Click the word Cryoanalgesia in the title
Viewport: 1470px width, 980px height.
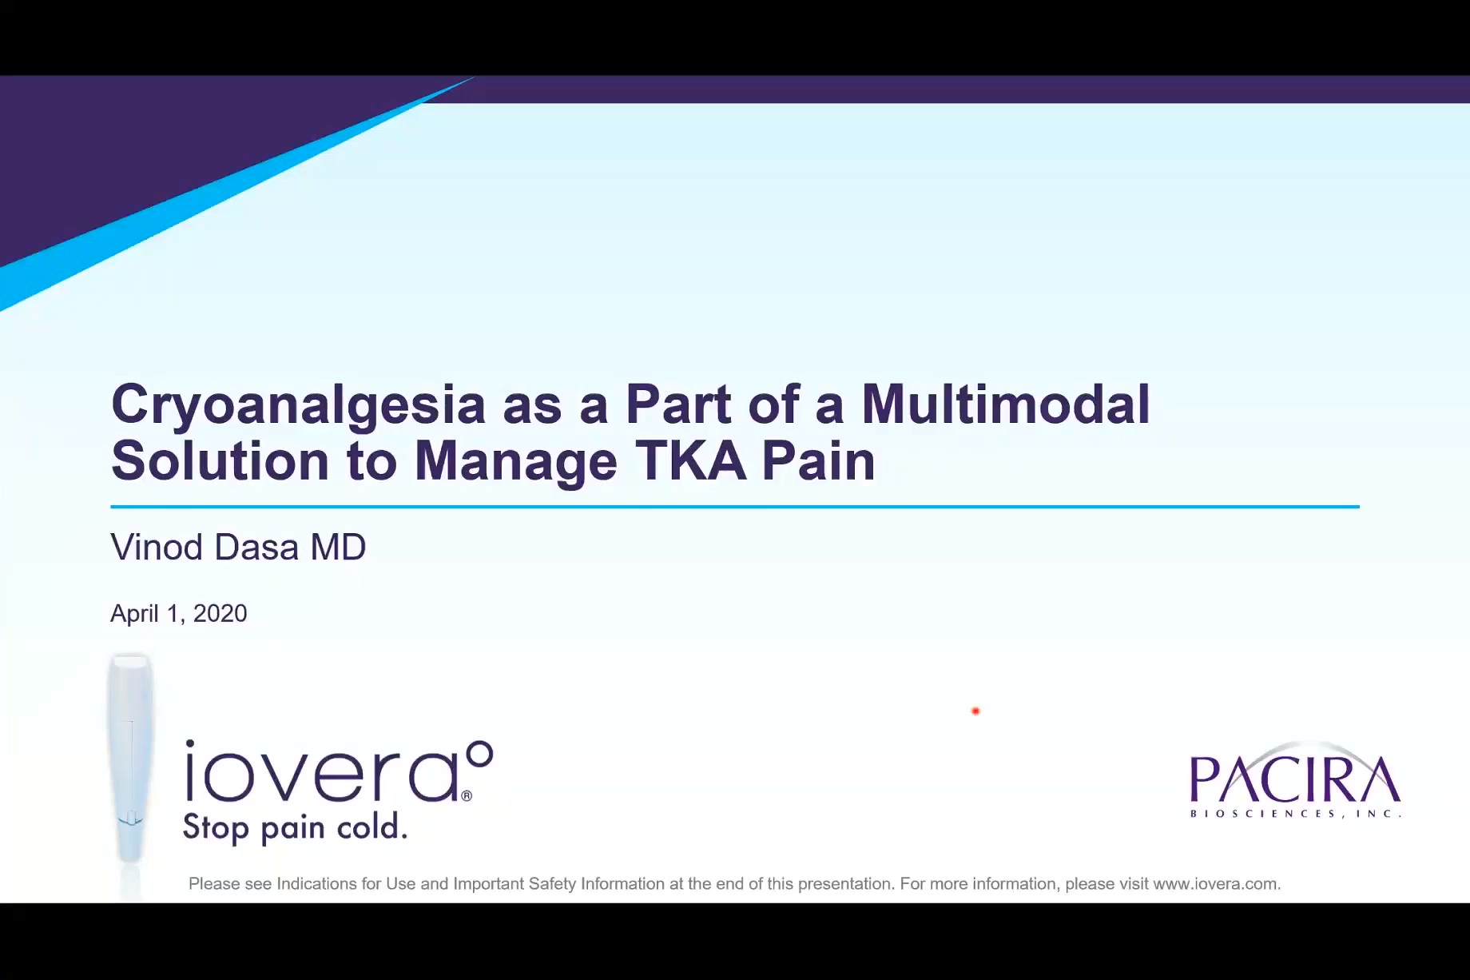[x=297, y=404]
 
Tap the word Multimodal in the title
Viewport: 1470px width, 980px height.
[x=1005, y=404]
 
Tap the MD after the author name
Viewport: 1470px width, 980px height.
[x=338, y=548]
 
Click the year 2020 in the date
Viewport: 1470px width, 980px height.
[x=220, y=614]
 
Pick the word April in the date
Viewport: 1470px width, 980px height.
[x=134, y=614]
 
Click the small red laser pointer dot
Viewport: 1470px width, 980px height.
[x=975, y=711]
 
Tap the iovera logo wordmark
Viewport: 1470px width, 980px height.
[x=320, y=774]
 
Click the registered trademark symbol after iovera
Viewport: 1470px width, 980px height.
[x=467, y=795]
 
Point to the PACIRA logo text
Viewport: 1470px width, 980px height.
[x=1294, y=779]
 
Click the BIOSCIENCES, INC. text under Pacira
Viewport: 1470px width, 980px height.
[x=1294, y=814]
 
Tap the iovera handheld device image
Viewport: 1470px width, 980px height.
[x=129, y=759]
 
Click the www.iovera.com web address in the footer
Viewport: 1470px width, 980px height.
[x=1215, y=884]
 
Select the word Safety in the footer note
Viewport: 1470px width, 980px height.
[x=552, y=884]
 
